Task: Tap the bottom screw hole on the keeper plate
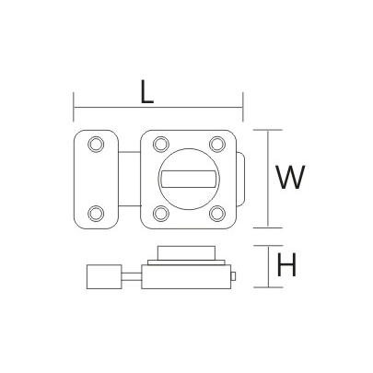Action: coord(96,214)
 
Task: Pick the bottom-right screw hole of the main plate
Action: coord(217,214)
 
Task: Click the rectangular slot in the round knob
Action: coord(190,178)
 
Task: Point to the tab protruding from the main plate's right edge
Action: coord(242,178)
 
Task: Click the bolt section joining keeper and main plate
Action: coord(130,178)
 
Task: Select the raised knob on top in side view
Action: coord(189,254)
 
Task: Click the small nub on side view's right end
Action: coord(236,275)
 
